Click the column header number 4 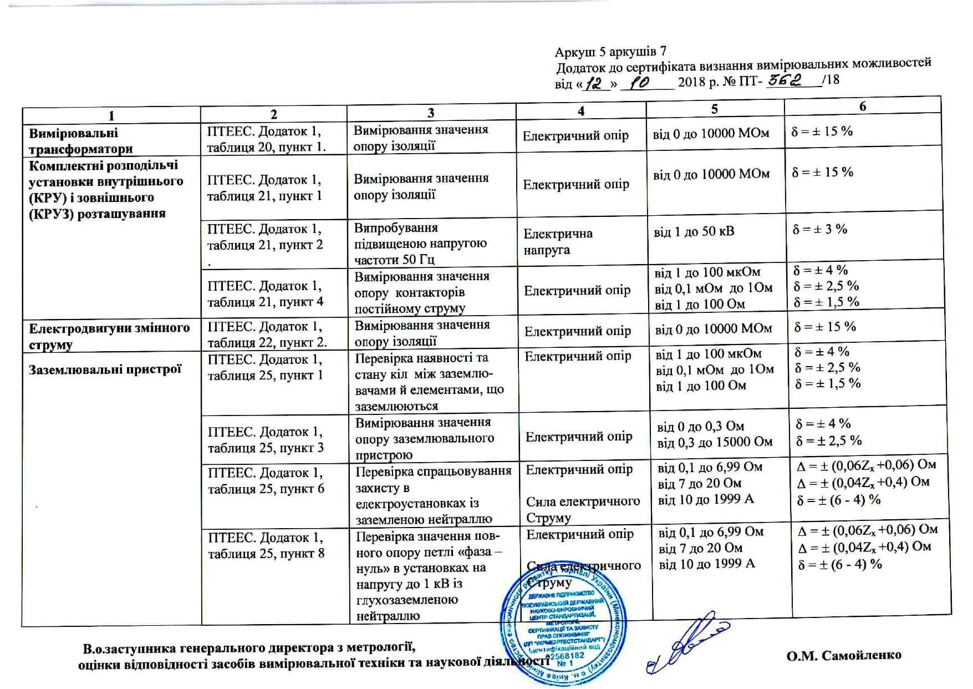pyautogui.click(x=580, y=111)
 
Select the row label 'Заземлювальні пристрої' pyautogui.click(x=105, y=369)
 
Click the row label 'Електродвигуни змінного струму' pyautogui.click(x=109, y=336)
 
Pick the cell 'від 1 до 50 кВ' pyautogui.click(x=694, y=231)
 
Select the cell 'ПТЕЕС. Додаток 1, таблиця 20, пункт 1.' pyautogui.click(x=267, y=139)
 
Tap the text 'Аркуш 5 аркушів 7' pyautogui.click(x=610, y=52)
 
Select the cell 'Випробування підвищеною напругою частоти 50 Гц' pyautogui.click(x=421, y=244)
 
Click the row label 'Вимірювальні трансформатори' pyautogui.click(x=81, y=141)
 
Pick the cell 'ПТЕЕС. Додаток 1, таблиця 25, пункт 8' pyautogui.click(x=266, y=545)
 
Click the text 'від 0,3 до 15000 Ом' pyautogui.click(x=715, y=442)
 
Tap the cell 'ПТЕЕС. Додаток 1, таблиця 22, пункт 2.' pyautogui.click(x=267, y=335)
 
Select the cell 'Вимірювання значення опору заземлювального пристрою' pyautogui.click(x=424, y=438)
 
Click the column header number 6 pyautogui.click(x=862, y=106)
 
